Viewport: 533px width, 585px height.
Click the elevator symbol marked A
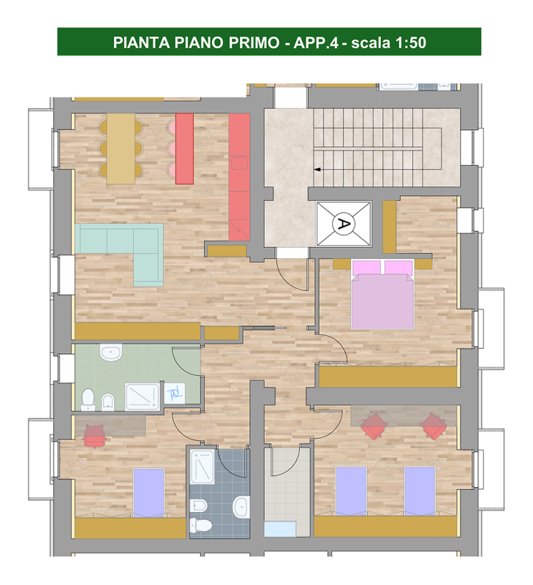[343, 224]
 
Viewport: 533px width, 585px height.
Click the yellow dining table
[121, 148]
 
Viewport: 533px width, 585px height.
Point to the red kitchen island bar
[184, 148]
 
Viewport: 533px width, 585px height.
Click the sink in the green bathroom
[111, 352]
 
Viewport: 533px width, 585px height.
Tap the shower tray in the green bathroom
[142, 396]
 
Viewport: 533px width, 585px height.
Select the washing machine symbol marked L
[175, 393]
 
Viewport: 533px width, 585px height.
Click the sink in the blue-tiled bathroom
[242, 507]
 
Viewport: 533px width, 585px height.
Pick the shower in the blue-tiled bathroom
[202, 467]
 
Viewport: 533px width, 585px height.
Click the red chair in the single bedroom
[95, 435]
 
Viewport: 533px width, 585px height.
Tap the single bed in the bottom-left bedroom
[149, 492]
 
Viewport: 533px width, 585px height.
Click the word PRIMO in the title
[254, 42]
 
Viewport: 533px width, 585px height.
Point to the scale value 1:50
[410, 42]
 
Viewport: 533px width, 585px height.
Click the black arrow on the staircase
[317, 170]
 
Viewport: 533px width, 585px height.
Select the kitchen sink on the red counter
[239, 163]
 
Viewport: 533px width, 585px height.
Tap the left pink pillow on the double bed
[366, 267]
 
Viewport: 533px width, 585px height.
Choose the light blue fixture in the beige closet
[280, 529]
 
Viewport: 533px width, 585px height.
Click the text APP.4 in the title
[316, 42]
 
